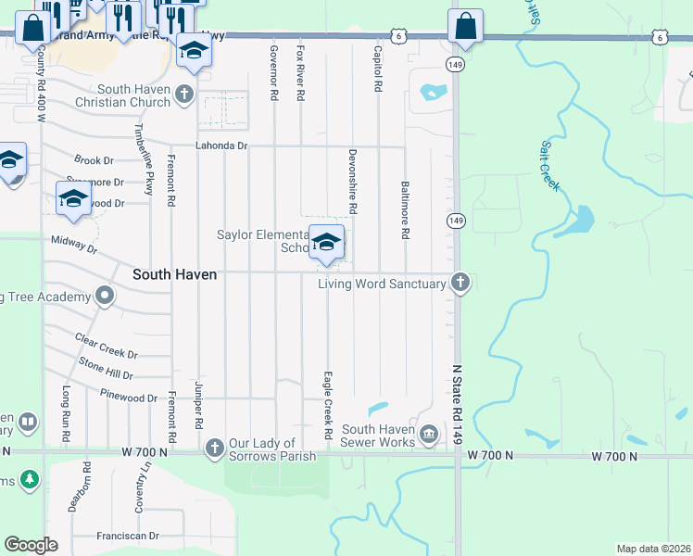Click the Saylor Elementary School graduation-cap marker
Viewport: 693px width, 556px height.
(326, 243)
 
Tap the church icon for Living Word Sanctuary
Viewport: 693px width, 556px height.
(460, 283)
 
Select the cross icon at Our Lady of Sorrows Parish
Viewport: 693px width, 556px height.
(214, 449)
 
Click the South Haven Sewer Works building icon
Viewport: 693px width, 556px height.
(428, 434)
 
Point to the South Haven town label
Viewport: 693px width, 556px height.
(174, 274)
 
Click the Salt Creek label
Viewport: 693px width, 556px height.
(550, 167)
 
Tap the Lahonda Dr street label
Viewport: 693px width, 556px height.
(221, 145)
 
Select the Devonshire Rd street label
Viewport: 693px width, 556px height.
(353, 183)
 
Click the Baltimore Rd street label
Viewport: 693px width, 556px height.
(405, 209)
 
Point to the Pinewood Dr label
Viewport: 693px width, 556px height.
(130, 397)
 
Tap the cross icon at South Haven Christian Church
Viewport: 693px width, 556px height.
(185, 94)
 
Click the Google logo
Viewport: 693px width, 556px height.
(31, 545)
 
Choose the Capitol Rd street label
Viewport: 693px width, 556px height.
(378, 69)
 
